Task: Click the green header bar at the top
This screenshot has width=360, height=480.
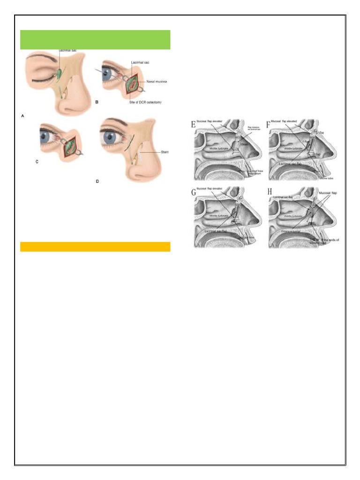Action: click(x=95, y=40)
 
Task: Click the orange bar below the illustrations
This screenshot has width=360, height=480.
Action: click(x=95, y=247)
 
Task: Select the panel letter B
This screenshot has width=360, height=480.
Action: click(x=97, y=102)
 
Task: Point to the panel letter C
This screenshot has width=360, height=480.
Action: click(x=37, y=162)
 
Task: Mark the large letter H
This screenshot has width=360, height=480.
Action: click(x=269, y=193)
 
